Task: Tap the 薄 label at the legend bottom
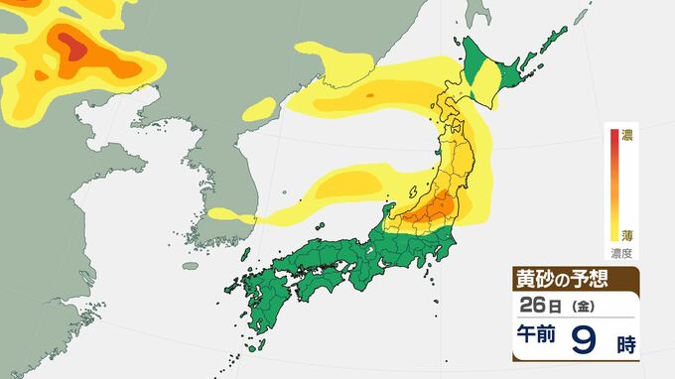pos(627,235)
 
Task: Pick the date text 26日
pos(537,304)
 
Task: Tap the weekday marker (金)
pos(577,305)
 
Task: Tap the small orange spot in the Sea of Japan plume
pos(369,95)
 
